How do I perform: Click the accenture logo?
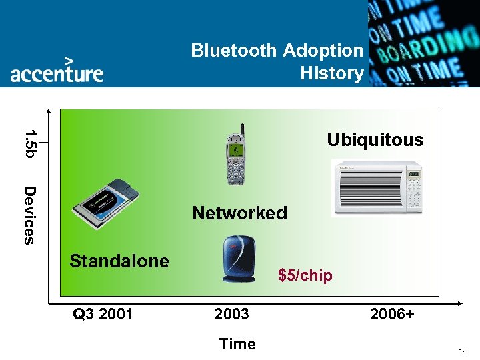click(x=57, y=69)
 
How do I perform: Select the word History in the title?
click(x=331, y=73)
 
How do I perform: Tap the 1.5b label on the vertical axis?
click(x=29, y=141)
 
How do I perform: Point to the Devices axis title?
click(x=29, y=215)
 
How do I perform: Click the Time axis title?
click(x=237, y=344)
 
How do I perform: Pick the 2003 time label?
click(x=231, y=313)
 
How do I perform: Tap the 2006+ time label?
click(x=392, y=313)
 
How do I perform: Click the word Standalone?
click(x=119, y=261)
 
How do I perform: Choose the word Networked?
click(x=239, y=213)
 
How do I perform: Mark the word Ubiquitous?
click(x=375, y=140)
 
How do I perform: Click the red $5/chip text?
click(x=305, y=275)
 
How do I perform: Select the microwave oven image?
click(x=377, y=189)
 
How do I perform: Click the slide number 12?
click(x=462, y=351)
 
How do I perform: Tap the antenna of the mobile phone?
click(x=242, y=129)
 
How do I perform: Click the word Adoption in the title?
click(x=323, y=51)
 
